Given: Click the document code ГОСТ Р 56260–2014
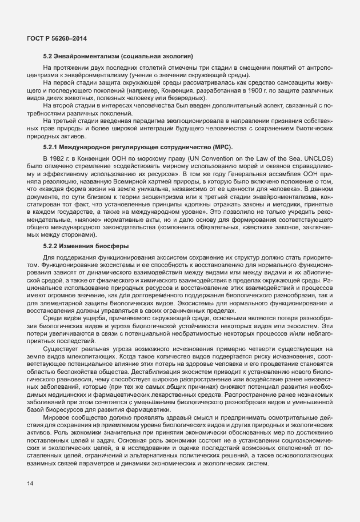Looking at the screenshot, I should click(57, 38).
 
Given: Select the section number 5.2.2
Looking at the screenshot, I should click(53, 246).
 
